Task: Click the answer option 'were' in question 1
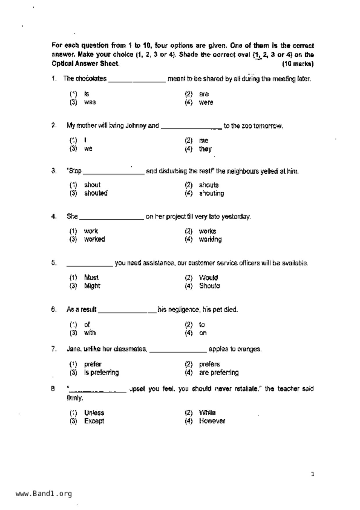206,102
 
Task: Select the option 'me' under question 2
203,141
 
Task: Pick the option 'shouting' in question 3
211,193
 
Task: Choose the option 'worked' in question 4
94,239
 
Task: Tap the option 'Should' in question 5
209,286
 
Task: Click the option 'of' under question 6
87,324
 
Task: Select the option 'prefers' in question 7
209,364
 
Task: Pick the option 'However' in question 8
212,421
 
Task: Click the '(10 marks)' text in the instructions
298,64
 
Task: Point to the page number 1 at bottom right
313,475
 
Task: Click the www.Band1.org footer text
44,494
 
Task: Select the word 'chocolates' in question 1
91,79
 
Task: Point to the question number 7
54,349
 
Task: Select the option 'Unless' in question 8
94,413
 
